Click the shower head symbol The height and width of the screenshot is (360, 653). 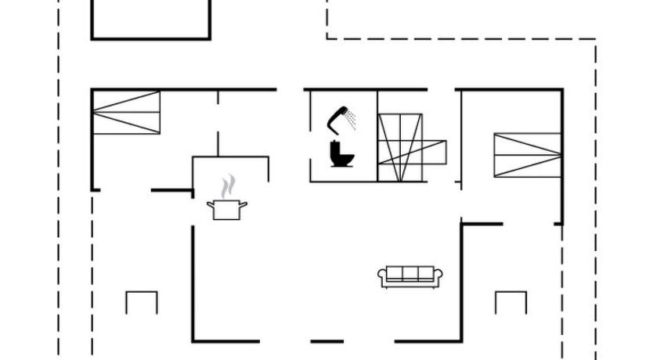click(338, 117)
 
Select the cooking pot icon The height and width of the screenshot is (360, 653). click(227, 210)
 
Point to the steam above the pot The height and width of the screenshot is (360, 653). click(227, 187)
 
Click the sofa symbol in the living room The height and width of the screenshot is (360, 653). click(410, 275)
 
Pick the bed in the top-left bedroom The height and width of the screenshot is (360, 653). click(126, 112)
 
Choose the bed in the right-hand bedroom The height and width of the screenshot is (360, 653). click(527, 155)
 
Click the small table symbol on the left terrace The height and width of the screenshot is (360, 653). click(142, 301)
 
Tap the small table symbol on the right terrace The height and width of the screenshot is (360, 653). click(510, 301)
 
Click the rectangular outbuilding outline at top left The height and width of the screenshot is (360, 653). click(150, 20)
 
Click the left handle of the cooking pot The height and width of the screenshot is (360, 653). click(210, 205)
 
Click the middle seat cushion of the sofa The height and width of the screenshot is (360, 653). click(410, 272)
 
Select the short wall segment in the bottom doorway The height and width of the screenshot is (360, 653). click(326, 341)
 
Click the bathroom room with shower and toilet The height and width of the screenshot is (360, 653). click(343, 136)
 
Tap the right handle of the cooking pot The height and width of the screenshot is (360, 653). click(244, 205)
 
